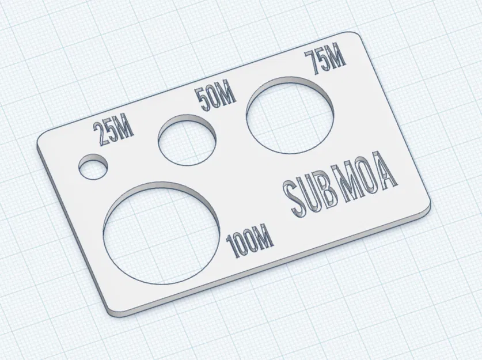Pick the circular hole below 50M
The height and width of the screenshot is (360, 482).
(187, 141)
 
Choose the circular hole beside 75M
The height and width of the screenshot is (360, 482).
(290, 115)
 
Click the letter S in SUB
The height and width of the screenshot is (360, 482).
(294, 199)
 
